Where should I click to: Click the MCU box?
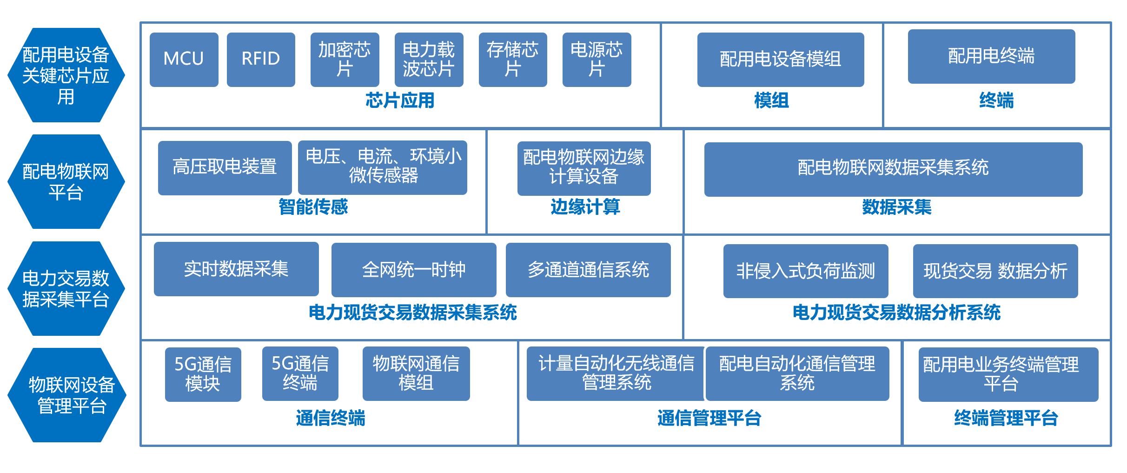click(184, 60)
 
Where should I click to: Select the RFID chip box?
click(261, 60)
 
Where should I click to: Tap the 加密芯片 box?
click(345, 60)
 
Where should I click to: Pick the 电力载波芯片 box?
click(429, 60)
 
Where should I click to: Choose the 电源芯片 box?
click(597, 60)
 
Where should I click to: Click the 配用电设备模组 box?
click(781, 60)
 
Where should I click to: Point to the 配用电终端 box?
click(991, 56)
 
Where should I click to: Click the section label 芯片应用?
click(400, 100)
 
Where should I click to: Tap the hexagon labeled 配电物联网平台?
click(66, 181)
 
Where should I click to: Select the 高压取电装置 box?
click(225, 168)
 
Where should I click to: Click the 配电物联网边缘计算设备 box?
click(584, 168)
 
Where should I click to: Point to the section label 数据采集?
click(897, 207)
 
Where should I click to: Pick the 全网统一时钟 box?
click(414, 270)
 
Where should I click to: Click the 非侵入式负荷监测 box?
click(806, 271)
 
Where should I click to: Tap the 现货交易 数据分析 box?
click(995, 271)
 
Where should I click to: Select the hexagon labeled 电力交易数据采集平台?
click(66, 288)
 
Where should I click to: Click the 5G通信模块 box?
click(203, 374)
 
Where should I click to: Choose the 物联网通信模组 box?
click(416, 373)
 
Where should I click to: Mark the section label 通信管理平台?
click(709, 418)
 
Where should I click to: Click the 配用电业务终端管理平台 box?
click(1008, 374)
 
